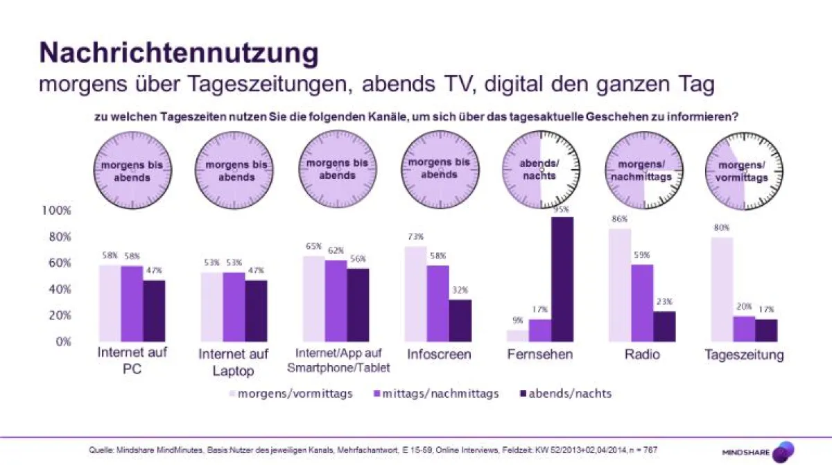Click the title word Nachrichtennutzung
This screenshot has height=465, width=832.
(x=179, y=53)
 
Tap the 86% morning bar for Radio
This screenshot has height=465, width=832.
(x=620, y=285)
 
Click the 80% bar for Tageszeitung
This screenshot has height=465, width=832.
(x=722, y=289)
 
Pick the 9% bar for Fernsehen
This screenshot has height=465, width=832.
(x=517, y=335)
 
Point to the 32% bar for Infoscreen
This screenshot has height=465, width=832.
(x=460, y=320)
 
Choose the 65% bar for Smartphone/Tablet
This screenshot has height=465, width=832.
(x=313, y=299)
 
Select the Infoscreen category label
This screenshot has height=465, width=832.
(x=438, y=355)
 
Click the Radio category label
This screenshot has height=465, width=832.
(x=642, y=355)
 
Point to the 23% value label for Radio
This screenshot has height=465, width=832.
(x=664, y=301)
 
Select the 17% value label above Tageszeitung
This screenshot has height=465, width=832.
(x=765, y=309)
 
